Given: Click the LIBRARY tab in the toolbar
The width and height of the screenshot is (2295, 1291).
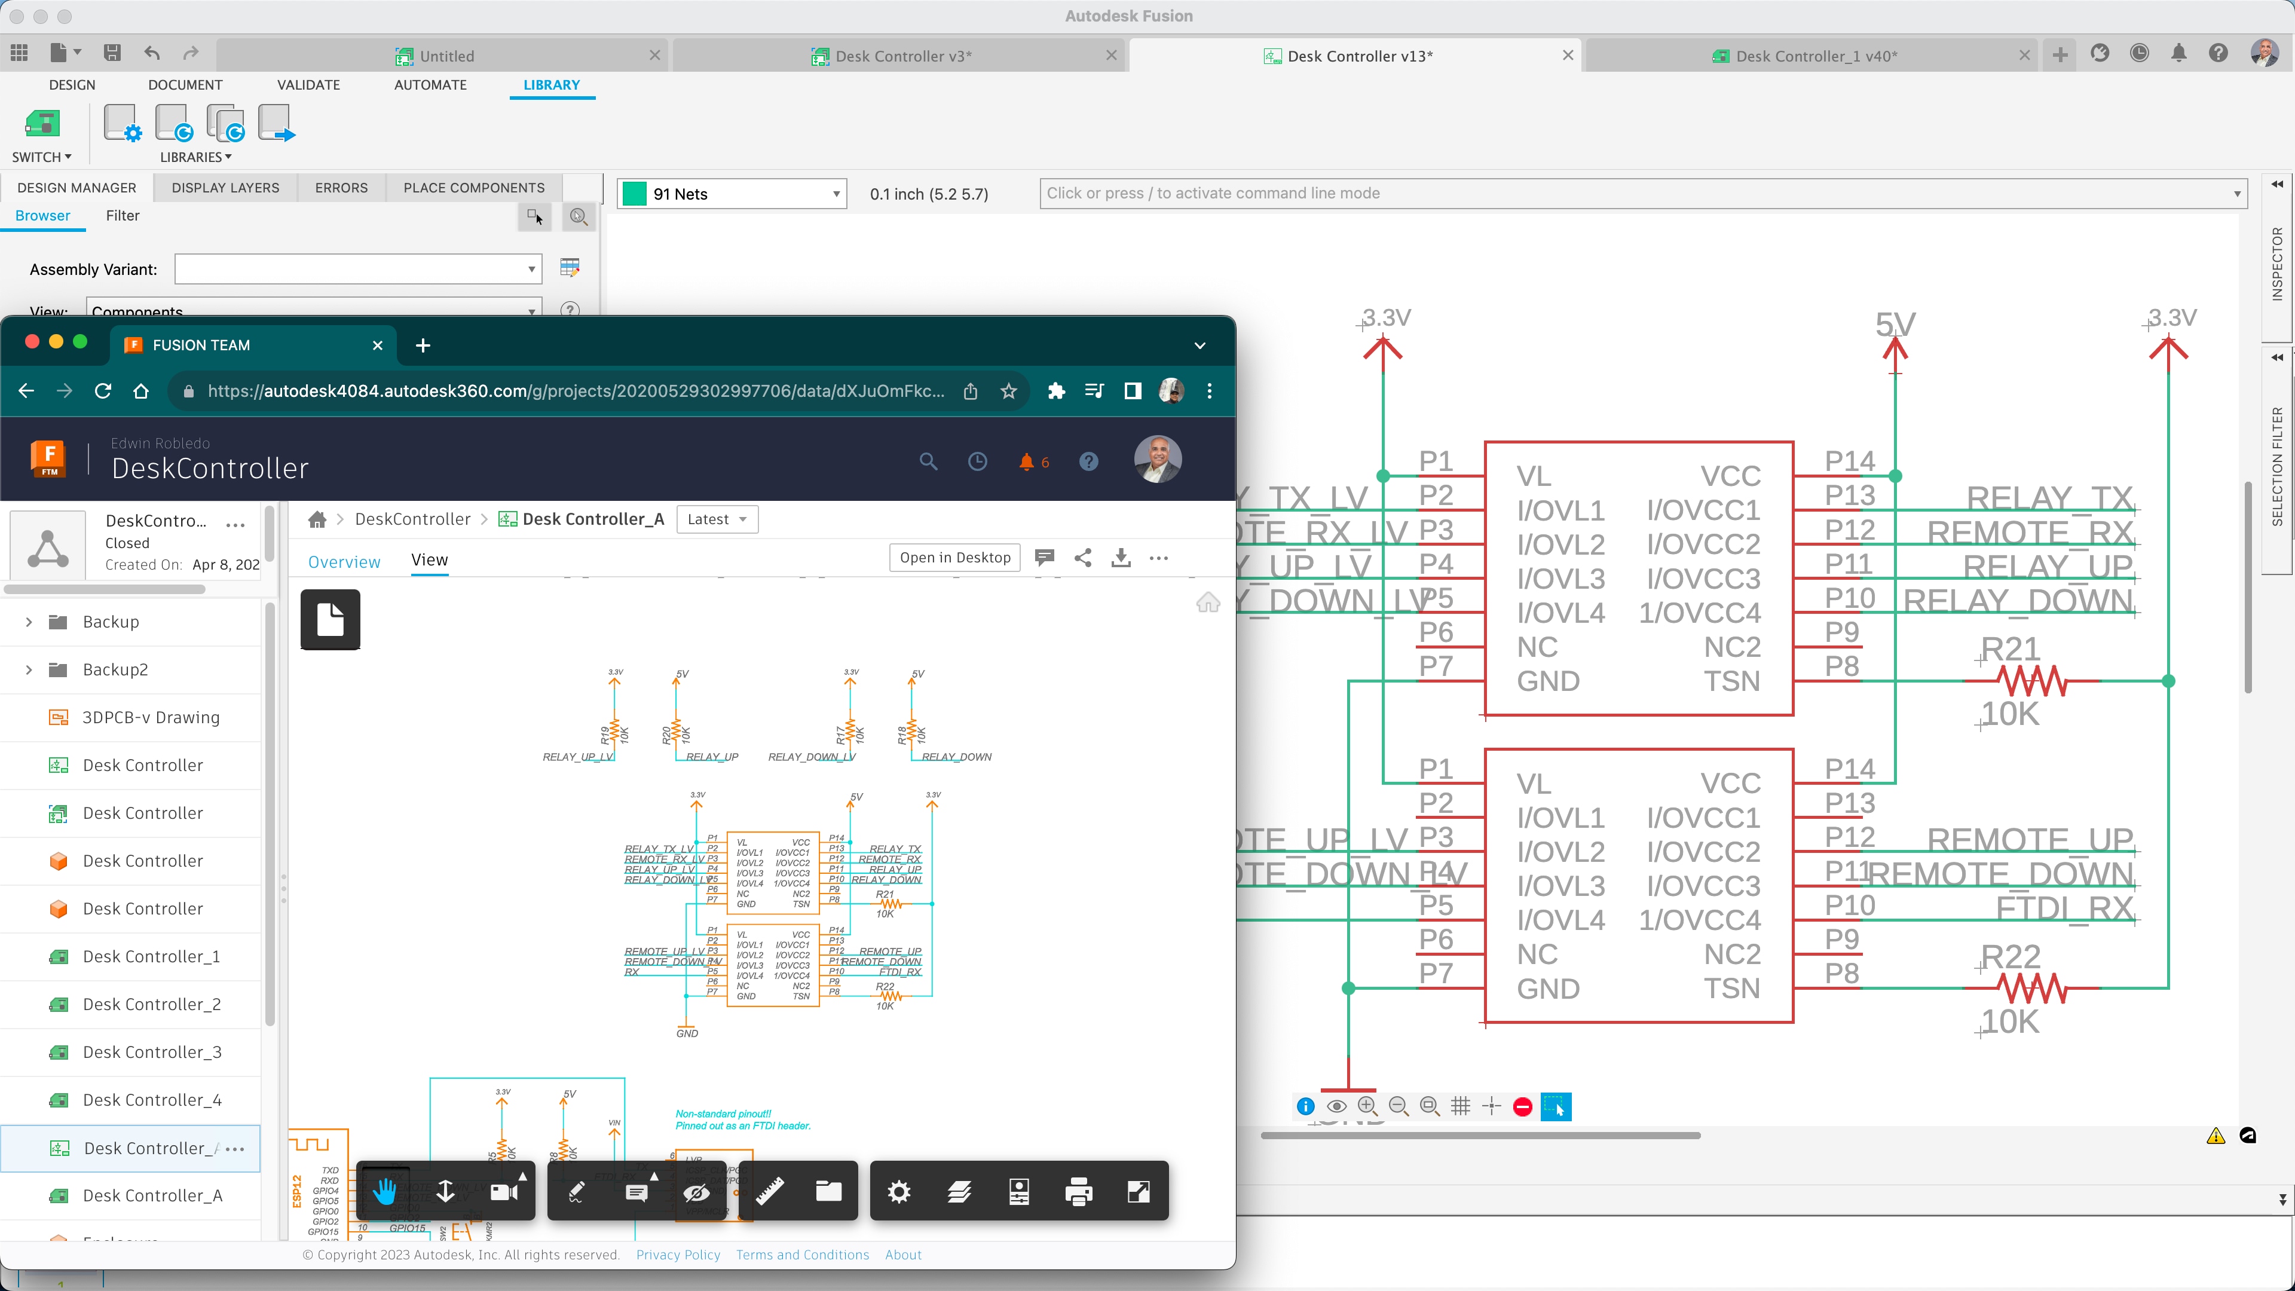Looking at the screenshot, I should pos(552,85).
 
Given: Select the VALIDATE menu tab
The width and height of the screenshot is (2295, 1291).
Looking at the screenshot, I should pos(308,85).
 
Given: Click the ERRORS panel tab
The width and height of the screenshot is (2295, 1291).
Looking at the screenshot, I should pos(341,187).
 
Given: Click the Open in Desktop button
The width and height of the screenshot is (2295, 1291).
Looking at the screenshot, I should pos(954,558).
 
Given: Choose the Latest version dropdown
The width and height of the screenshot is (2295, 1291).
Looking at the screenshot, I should pos(717,519).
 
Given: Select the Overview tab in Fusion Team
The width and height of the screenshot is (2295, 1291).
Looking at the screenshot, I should pos(344,561).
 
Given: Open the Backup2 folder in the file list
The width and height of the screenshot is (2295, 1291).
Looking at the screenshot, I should pos(115,670).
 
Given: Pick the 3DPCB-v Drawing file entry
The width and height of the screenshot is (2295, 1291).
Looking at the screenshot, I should pos(151,717).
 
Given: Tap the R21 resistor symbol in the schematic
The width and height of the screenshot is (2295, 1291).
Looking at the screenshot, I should pos(2031,681).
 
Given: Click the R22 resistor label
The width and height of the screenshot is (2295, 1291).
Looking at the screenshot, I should pos(2011,957).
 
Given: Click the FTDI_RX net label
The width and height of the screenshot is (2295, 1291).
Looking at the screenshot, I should pos(2064,908).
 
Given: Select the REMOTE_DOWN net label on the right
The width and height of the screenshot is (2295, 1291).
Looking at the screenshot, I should pos(2000,874).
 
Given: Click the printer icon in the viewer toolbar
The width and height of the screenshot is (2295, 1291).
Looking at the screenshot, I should pos(1078,1191).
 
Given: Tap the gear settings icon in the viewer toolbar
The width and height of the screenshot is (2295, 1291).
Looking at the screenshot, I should pos(899,1191).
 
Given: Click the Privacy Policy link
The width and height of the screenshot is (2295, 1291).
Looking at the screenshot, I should pos(678,1255).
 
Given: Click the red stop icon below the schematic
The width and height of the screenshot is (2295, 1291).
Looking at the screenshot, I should pos(1523,1106).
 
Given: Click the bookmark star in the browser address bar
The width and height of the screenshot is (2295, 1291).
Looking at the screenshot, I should pos(1008,391).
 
